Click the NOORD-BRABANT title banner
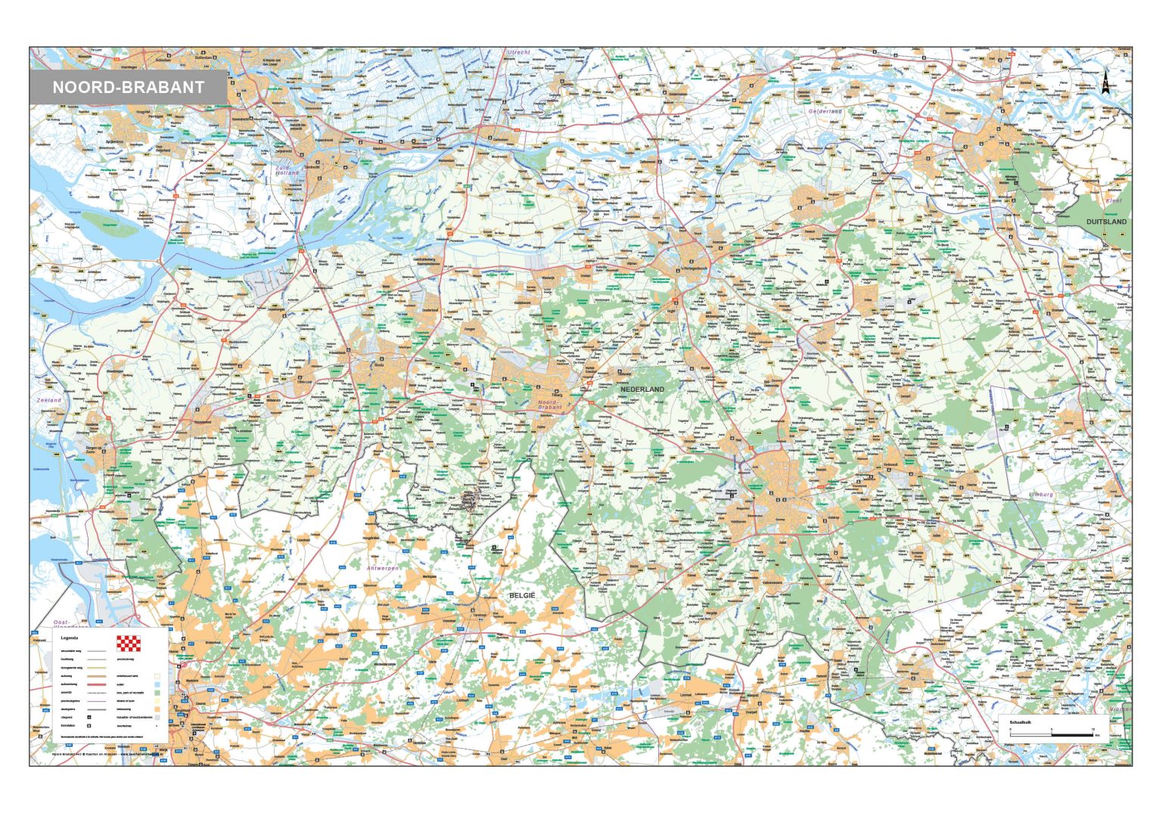[128, 87]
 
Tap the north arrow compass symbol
[1104, 82]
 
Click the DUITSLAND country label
[1106, 222]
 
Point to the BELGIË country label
[521, 596]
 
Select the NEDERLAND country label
[642, 389]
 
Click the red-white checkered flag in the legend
[129, 644]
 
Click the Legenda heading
[70, 638]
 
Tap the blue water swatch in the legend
[157, 684]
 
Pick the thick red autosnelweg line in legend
[97, 684]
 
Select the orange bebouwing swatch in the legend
[157, 709]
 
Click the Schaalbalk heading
[1021, 722]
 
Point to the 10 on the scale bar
[1093, 729]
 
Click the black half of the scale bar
[1072, 735]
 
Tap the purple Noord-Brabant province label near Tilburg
[551, 405]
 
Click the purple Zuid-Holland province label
[287, 170]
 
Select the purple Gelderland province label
[825, 111]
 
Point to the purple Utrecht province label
[519, 52]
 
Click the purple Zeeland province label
[49, 400]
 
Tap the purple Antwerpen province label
[382, 567]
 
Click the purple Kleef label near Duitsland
[1114, 201]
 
